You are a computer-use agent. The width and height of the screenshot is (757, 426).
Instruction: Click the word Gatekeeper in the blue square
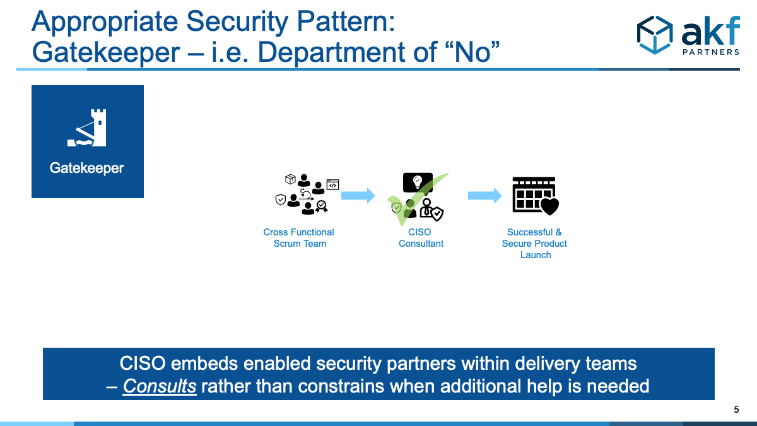pos(86,169)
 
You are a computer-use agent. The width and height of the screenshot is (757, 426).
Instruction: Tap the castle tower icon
pos(87,127)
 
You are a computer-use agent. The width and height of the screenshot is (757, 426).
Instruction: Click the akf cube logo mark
pos(655,35)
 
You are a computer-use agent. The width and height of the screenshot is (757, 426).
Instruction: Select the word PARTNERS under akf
pos(711,52)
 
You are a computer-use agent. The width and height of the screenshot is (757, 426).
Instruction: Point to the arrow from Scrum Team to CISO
pos(358,196)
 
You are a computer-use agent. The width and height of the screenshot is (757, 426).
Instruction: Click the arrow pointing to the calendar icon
pos(485,196)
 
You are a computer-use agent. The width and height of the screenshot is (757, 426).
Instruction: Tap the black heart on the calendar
pos(549,206)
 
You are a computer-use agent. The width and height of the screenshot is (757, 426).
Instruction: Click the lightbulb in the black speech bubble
pos(418,181)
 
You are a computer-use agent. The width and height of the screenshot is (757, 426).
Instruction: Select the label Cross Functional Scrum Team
pos(299,238)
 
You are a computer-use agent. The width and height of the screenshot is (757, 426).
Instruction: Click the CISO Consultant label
pos(421,238)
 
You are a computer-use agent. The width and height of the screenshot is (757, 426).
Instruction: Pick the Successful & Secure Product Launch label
pos(535,244)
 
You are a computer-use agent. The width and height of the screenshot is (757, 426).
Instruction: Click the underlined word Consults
pos(160,386)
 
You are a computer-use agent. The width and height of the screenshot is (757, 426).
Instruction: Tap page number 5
pos(736,410)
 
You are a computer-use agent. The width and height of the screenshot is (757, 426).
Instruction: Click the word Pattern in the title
pos(346,21)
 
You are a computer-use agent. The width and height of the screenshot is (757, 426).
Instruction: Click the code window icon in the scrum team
pos(332,184)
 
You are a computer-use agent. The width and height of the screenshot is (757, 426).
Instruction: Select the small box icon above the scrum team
pos(290,179)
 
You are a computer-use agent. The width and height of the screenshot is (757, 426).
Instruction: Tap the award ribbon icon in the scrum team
pos(321,206)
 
